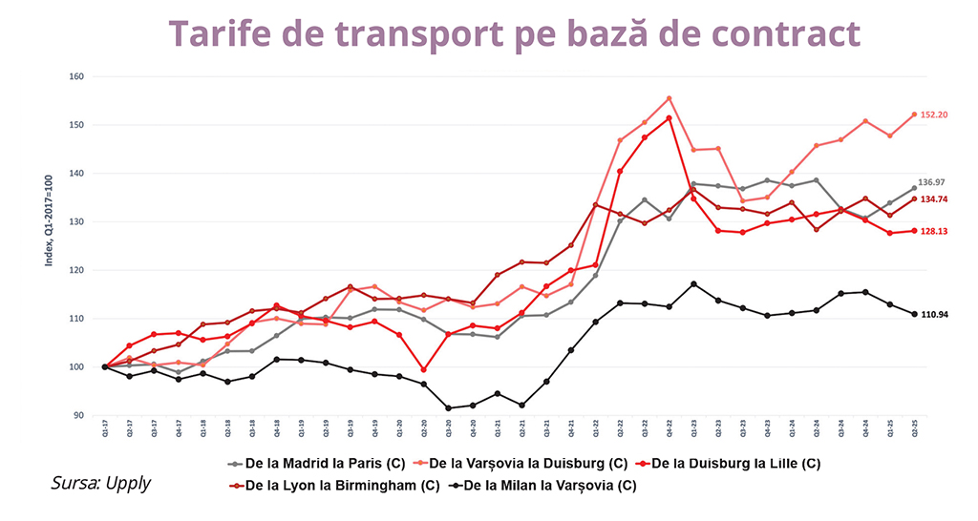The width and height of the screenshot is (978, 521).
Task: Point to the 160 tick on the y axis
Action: [77, 76]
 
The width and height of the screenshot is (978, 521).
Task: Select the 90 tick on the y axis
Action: [79, 415]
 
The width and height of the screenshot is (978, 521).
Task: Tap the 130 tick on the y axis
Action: [77, 221]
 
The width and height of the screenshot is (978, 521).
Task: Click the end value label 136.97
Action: [931, 182]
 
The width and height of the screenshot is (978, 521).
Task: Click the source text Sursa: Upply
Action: [100, 484]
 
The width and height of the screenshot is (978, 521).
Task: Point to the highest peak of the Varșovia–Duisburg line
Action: [669, 98]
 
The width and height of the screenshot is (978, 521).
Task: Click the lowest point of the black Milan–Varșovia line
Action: [449, 407]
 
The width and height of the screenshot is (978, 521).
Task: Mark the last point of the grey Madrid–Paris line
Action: [914, 188]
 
